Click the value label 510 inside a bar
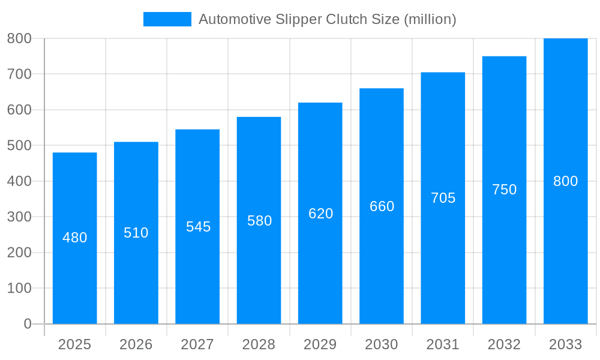coord(136,233)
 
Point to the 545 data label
coord(198,227)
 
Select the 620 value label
coord(320,214)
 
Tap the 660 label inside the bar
coord(382,206)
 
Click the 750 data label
coord(504,190)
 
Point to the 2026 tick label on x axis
coord(136,344)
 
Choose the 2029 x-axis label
coord(320,344)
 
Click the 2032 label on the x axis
coord(504,344)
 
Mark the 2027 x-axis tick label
coord(197,344)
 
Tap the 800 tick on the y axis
coord(19,38)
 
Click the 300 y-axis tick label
coord(19,217)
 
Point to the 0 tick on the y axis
coord(28,324)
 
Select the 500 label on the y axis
coord(19,145)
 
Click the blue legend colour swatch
coord(167,19)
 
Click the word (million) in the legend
coord(430,19)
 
